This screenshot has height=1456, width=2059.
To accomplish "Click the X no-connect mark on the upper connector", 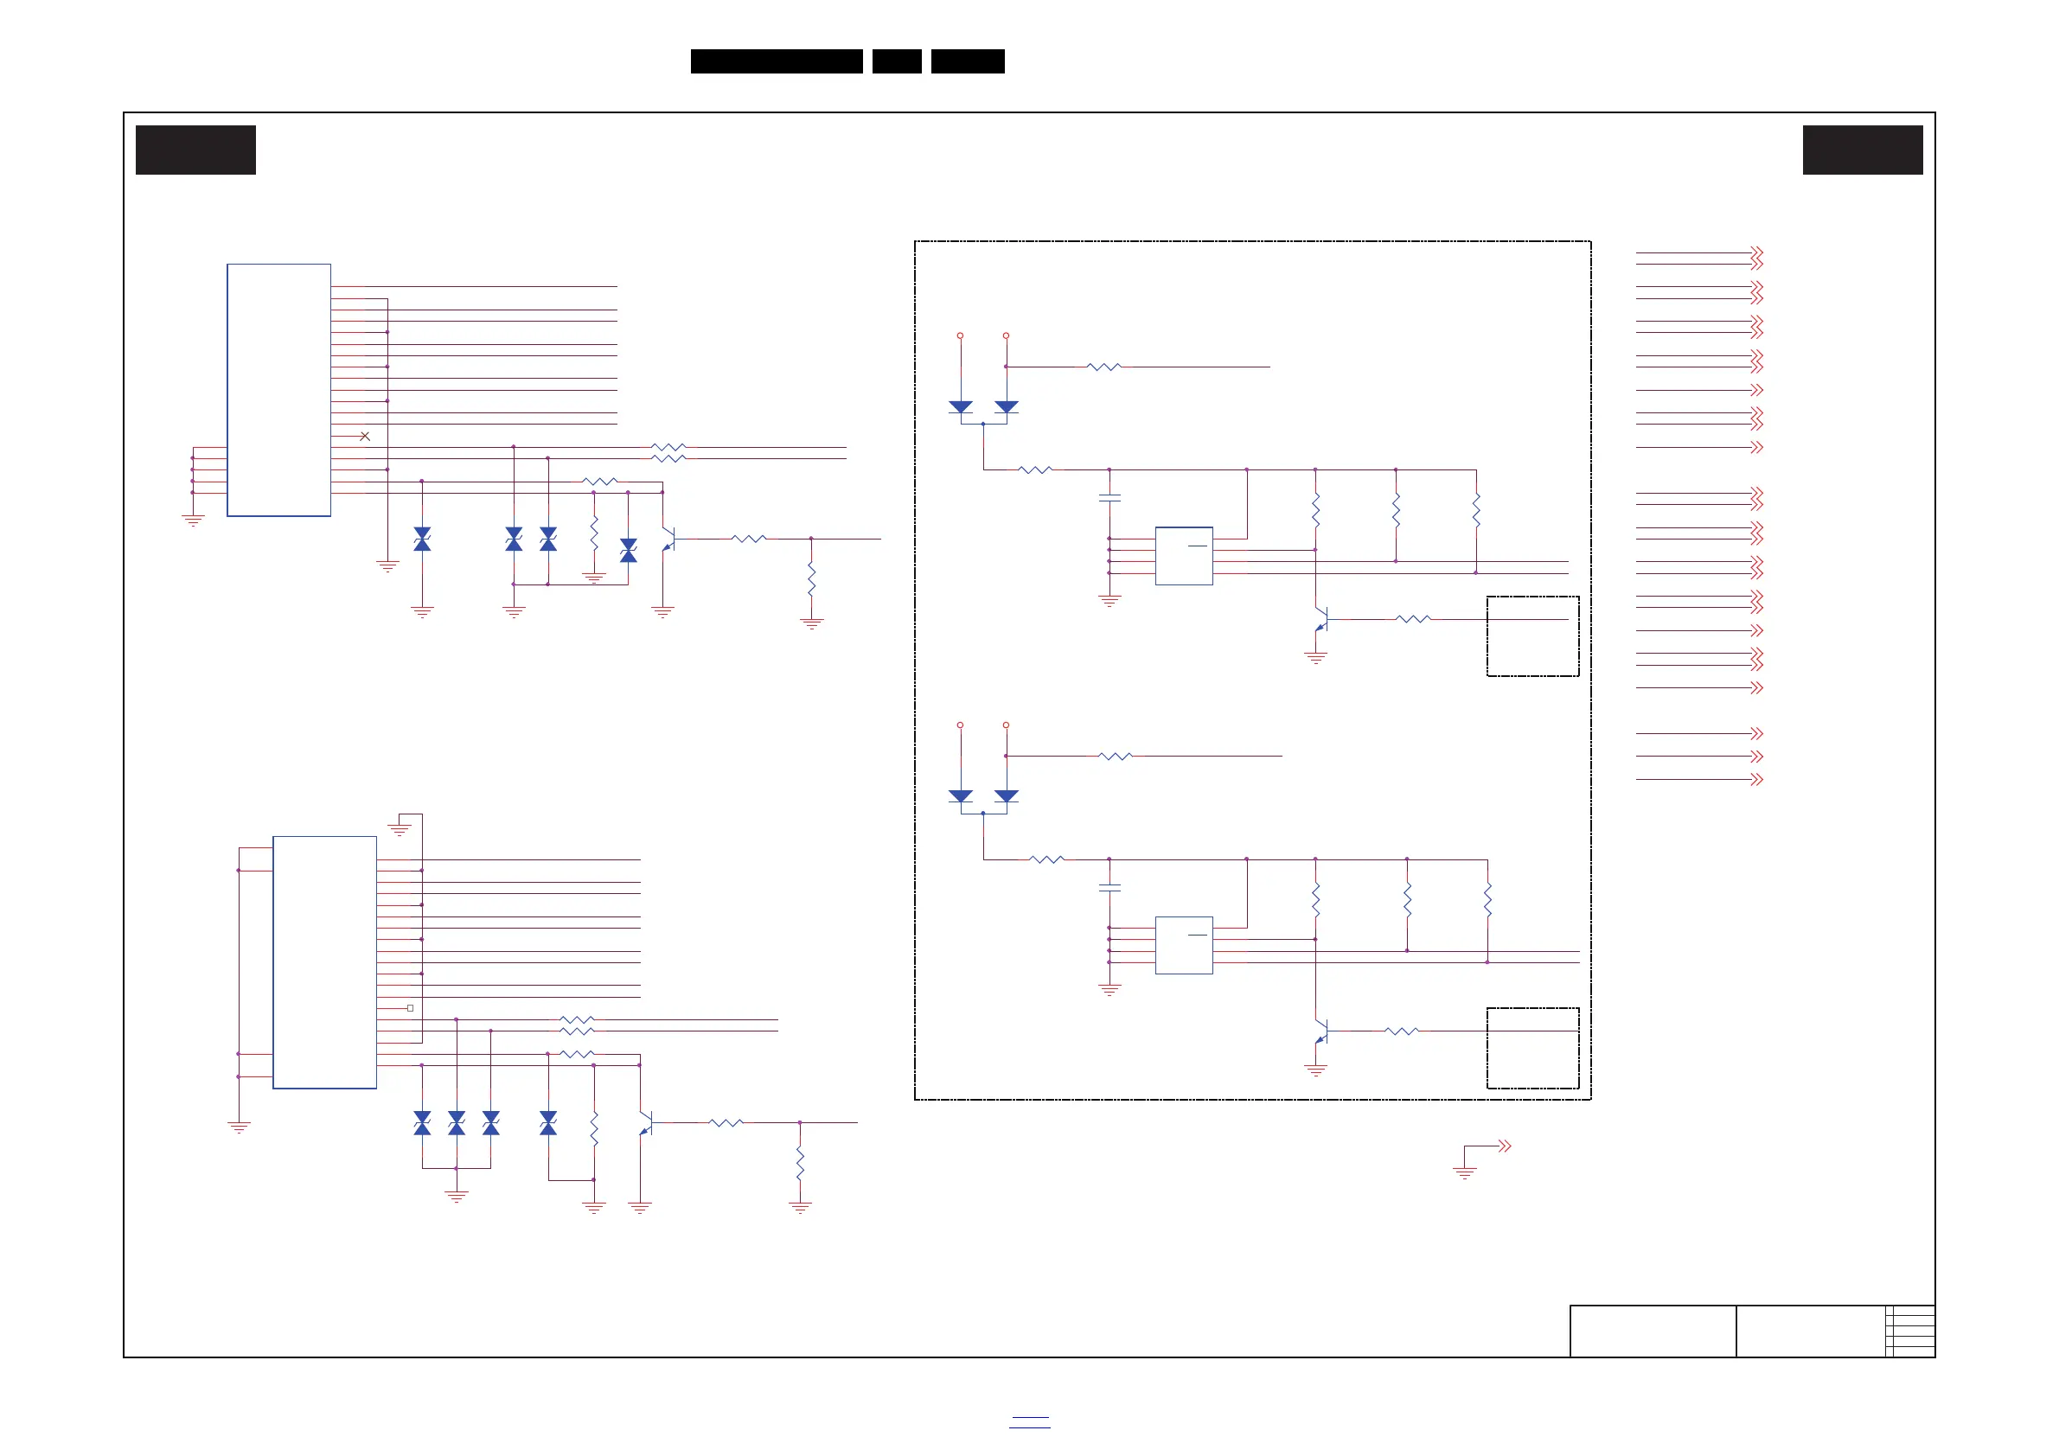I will (365, 437).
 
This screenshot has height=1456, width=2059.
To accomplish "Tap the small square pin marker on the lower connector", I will (410, 1009).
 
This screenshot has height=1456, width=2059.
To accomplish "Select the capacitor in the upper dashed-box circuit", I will (1109, 498).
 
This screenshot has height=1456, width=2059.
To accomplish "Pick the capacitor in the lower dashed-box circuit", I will (1109, 888).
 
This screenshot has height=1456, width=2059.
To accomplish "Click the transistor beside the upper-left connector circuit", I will (668, 540).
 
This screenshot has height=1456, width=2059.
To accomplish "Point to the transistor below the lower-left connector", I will (645, 1123).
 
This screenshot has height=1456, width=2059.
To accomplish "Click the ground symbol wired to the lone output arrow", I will (1464, 1172).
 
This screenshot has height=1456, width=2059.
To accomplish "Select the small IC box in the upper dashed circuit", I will (1184, 556).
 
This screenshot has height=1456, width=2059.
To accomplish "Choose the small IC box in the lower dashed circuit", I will (1184, 945).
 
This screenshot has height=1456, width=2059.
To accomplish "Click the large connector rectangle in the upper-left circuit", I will (279, 390).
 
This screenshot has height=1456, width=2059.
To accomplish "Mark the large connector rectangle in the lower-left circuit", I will (324, 962).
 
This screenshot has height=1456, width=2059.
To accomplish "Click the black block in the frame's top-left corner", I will (195, 150).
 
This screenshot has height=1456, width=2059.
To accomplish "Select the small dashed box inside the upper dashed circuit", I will (1532, 635).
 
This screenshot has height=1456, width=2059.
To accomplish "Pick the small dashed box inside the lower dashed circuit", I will (1532, 1048).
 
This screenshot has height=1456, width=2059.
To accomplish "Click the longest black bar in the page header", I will (777, 61).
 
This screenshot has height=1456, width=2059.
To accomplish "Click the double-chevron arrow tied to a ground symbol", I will (1505, 1146).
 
